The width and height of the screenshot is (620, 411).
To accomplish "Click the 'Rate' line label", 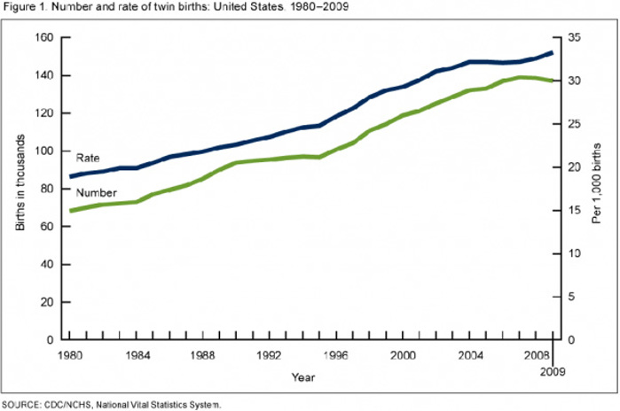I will click(x=88, y=158).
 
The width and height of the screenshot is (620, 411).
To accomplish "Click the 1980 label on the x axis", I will click(x=70, y=354).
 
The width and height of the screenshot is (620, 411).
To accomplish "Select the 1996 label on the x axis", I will click(x=337, y=354).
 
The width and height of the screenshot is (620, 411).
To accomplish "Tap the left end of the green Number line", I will click(x=71, y=211).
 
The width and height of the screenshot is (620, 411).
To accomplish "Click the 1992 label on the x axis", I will click(x=271, y=354).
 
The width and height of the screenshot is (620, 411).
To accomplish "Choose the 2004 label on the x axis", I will click(x=470, y=354).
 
